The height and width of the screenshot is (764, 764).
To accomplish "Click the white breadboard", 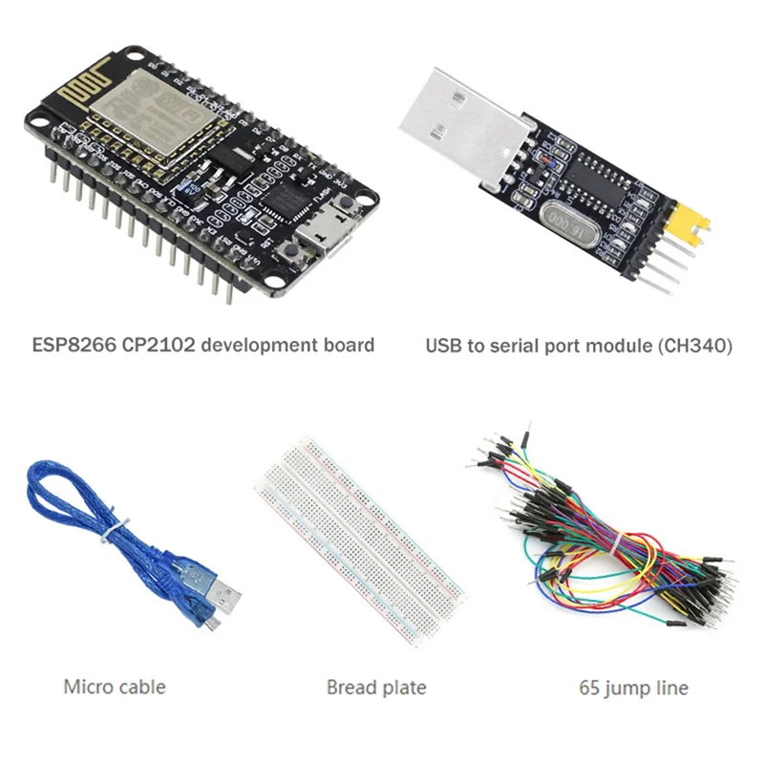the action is (x=359, y=544).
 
